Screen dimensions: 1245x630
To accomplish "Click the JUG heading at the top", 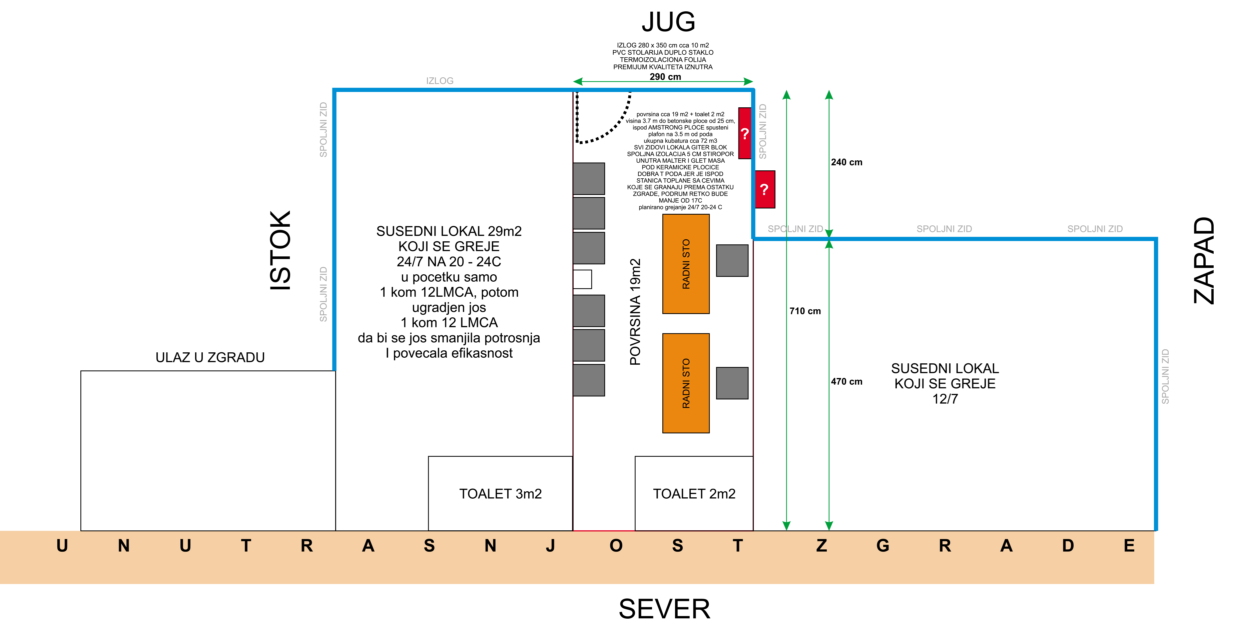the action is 668,22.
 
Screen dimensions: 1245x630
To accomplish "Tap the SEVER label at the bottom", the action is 665,609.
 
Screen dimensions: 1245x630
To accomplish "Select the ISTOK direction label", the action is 281,250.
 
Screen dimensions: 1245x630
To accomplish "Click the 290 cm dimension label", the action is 665,77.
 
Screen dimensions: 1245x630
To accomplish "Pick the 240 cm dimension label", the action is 846,162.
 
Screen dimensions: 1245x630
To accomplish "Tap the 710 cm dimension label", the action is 805,311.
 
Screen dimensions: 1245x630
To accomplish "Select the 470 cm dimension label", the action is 846,382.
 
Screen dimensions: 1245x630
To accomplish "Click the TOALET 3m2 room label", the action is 500,494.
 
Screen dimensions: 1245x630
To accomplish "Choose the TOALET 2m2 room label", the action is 694,494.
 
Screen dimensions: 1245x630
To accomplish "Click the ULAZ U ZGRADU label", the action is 210,358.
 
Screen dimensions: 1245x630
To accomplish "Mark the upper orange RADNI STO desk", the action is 686,264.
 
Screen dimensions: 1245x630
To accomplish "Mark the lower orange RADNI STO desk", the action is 686,383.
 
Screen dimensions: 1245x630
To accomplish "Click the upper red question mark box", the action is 745,133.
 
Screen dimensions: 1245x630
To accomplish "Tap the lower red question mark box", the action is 765,189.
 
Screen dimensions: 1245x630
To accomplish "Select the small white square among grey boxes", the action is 582,279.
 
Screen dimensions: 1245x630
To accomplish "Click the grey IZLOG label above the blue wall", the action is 440,81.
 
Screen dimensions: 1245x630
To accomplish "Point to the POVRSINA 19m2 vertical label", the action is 635,312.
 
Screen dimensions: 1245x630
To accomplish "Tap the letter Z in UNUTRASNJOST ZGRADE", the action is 822,546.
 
